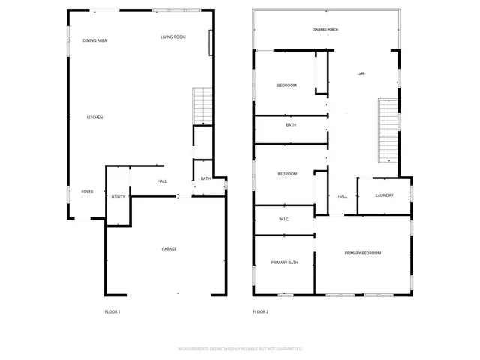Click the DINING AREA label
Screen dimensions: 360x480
pos(94,40)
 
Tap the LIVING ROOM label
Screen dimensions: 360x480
pos(173,37)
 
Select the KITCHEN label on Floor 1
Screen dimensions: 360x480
pos(94,118)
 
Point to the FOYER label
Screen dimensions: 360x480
pos(88,192)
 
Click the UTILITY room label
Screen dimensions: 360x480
pos(118,196)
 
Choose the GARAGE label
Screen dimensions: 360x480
pos(169,249)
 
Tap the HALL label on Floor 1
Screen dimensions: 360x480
pos(162,181)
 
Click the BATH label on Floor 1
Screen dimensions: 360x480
pos(205,179)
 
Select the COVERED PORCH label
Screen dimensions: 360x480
pos(325,30)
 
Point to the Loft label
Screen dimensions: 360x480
pos(361,73)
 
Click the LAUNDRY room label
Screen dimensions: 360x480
pos(385,196)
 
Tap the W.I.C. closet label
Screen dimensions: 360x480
pos(283,220)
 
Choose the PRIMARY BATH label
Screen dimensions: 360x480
pos(285,262)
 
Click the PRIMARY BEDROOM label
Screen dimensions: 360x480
pos(362,253)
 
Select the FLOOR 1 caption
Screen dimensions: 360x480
pos(112,311)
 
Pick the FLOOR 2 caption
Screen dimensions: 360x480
pos(260,311)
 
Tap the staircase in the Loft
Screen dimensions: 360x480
pos(386,130)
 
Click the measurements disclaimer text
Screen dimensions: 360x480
pos(240,349)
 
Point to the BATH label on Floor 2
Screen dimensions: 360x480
pos(291,125)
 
